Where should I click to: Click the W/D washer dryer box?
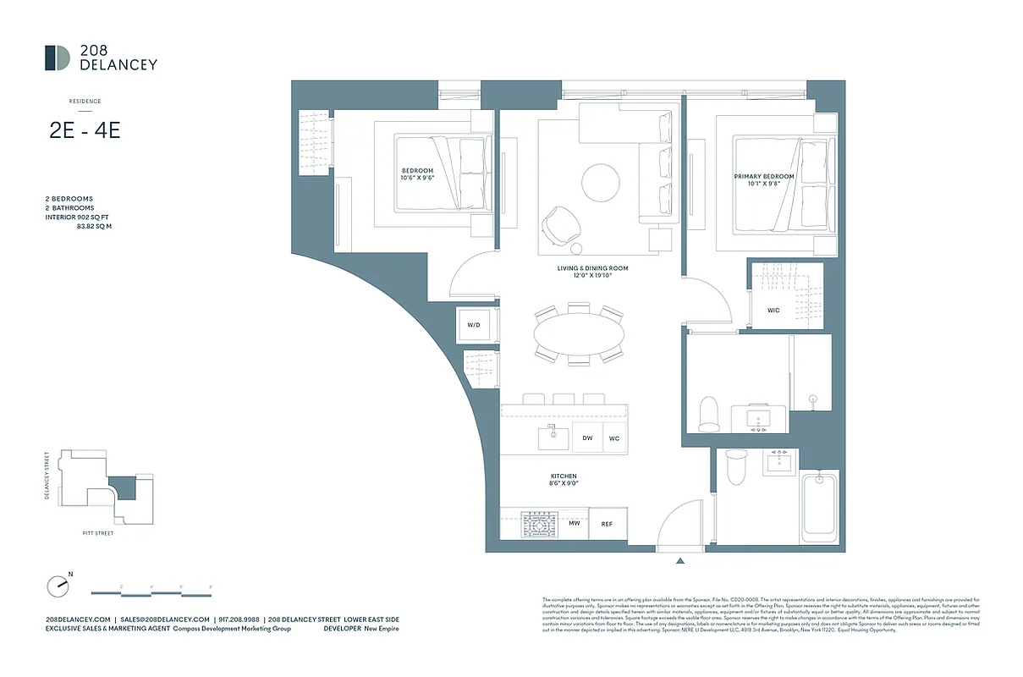(x=473, y=325)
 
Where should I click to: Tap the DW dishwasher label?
(x=587, y=438)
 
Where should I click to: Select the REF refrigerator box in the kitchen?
(x=607, y=524)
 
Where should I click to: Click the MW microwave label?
(x=574, y=524)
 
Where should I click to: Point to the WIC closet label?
(x=773, y=311)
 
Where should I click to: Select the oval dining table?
(x=580, y=335)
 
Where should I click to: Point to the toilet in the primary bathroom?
(x=709, y=413)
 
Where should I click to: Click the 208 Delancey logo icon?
(x=58, y=58)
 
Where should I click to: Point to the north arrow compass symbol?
(x=57, y=584)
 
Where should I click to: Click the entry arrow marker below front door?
(x=679, y=560)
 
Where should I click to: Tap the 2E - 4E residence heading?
(x=85, y=132)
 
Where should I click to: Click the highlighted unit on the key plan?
(x=123, y=488)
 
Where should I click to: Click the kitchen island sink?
(x=554, y=437)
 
